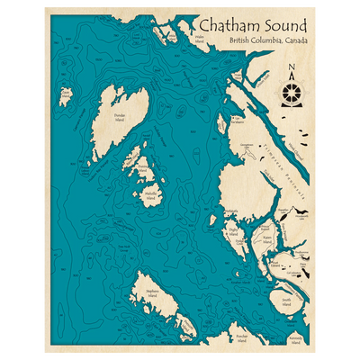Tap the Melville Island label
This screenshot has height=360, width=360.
point(152,193)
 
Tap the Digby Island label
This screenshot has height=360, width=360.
point(231,230)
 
